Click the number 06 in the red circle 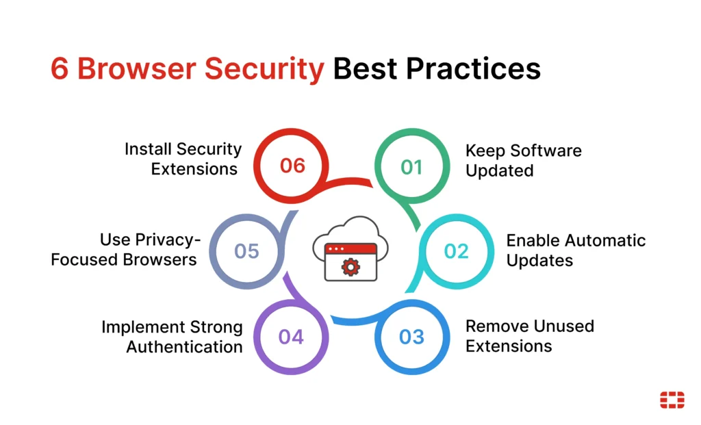(x=292, y=166)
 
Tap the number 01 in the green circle (x=411, y=168)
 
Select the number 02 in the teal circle (x=456, y=251)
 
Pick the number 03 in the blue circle (x=411, y=337)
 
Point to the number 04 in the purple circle (x=291, y=337)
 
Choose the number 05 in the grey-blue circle (x=246, y=251)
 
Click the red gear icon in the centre (x=350, y=267)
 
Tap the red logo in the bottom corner (x=672, y=400)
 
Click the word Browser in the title (x=137, y=69)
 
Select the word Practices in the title (x=474, y=69)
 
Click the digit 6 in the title (x=60, y=69)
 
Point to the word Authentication (x=184, y=347)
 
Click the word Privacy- (x=168, y=240)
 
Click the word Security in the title (x=264, y=70)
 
